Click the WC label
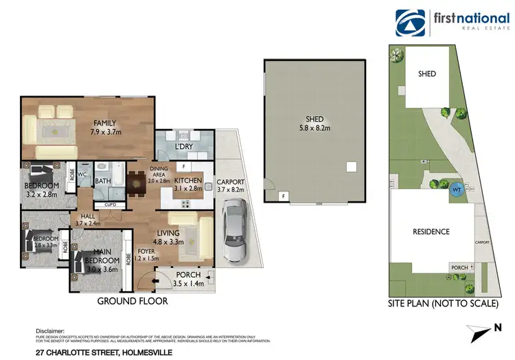(82, 175)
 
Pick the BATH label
(104, 181)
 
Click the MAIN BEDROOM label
(98, 256)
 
